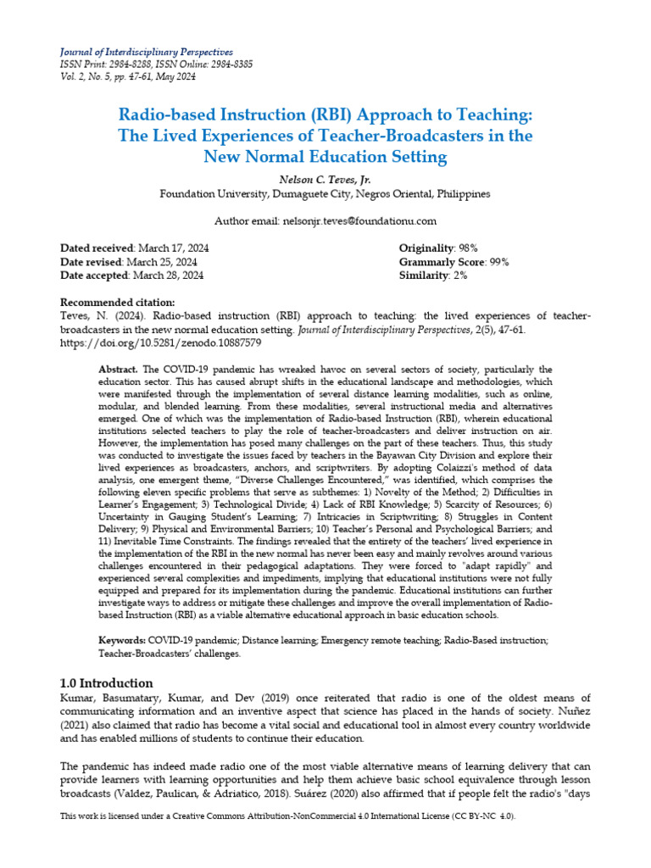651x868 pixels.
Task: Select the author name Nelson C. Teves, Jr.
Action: click(x=325, y=179)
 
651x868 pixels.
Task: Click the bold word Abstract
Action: click(x=119, y=370)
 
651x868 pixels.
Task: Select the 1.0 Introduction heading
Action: click(x=106, y=683)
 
